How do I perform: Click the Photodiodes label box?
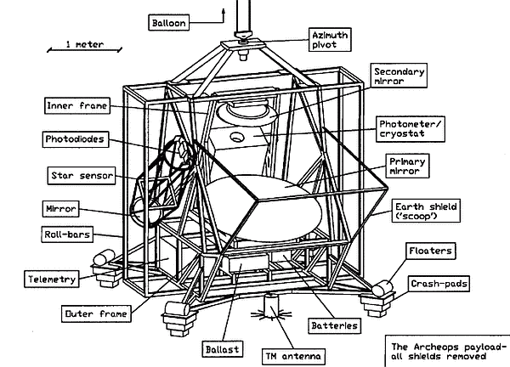click(x=76, y=137)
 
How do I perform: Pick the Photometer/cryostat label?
click(x=411, y=128)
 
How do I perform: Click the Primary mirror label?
click(x=407, y=166)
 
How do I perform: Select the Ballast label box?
click(x=219, y=347)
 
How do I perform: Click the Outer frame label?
click(x=93, y=314)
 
